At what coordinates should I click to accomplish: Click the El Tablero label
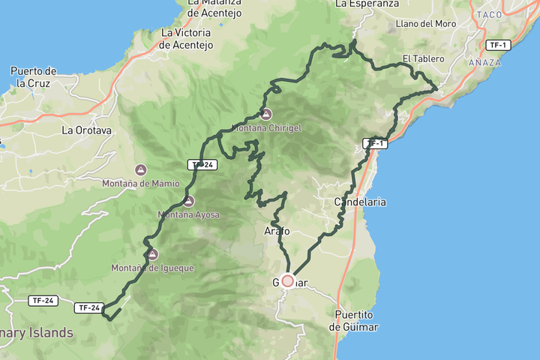pyautogui.click(x=423, y=58)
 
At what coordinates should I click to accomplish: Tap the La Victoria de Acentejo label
pyautogui.click(x=187, y=39)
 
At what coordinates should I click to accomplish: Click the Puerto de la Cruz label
pyautogui.click(x=31, y=76)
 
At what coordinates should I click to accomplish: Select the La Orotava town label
pyautogui.click(x=86, y=130)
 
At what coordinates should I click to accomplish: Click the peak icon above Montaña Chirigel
pyautogui.click(x=266, y=114)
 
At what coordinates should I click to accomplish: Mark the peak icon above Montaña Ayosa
pyautogui.click(x=188, y=201)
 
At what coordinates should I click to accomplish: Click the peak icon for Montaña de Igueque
pyautogui.click(x=153, y=254)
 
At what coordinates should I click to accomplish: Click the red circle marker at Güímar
pyautogui.click(x=287, y=280)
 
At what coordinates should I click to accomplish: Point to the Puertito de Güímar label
pyautogui.click(x=355, y=320)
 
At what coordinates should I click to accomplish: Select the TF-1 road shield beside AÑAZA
pyautogui.click(x=496, y=45)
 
